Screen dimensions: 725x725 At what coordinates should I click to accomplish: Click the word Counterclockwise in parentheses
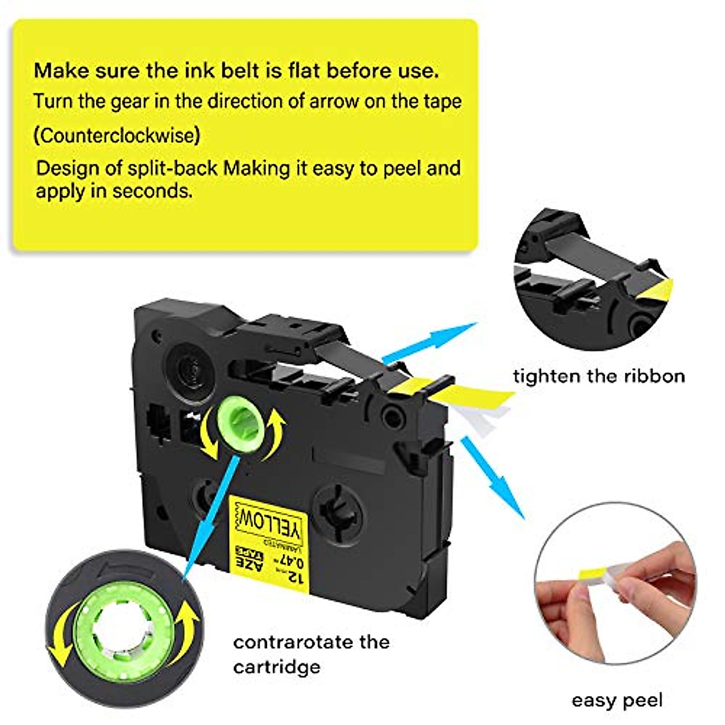(117, 135)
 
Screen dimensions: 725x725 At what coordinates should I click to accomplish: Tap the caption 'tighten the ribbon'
(599, 376)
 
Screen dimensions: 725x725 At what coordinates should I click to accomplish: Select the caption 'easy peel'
(617, 700)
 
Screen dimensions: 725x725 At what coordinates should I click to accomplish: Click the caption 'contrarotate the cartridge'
(311, 654)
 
